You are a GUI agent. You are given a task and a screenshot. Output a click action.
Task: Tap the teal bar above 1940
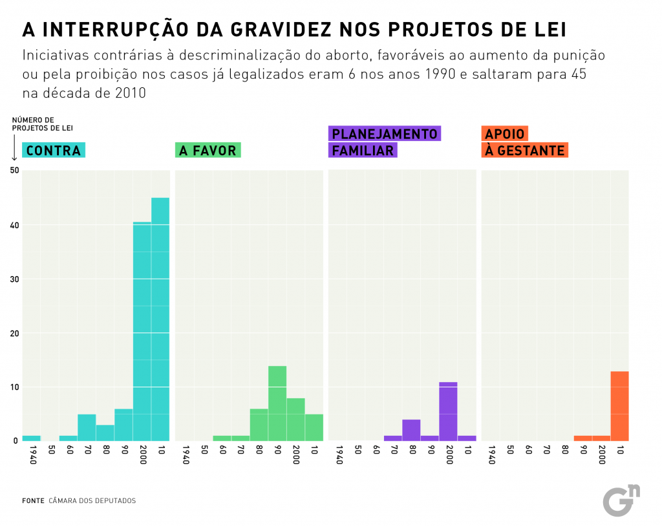[31, 438]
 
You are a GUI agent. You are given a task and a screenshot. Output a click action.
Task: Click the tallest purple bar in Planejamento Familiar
[448, 411]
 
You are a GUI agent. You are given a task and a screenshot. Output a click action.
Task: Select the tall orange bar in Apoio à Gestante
[619, 406]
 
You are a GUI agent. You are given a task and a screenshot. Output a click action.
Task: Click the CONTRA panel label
[54, 151]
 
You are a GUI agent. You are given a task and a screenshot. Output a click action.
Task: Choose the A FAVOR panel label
[208, 151]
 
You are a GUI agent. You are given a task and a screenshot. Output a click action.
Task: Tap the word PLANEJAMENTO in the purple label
[384, 134]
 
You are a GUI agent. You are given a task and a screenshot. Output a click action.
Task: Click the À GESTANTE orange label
[524, 151]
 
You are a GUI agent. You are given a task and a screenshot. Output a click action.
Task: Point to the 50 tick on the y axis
[14, 170]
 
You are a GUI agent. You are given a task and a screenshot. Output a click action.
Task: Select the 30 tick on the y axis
[14, 279]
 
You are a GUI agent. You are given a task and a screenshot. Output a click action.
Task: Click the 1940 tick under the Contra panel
[32, 457]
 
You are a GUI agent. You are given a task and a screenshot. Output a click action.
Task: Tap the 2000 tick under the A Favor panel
[295, 457]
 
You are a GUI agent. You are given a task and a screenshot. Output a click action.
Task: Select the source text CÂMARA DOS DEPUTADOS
[92, 500]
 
